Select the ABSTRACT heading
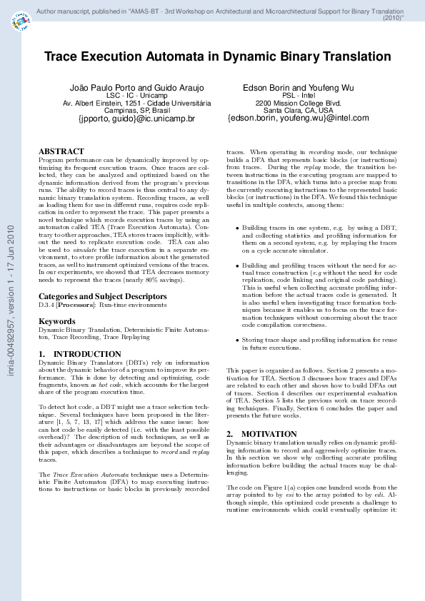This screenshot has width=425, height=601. click(61, 152)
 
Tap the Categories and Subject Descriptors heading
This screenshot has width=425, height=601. click(103, 296)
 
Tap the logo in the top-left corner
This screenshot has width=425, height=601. click(21, 24)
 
